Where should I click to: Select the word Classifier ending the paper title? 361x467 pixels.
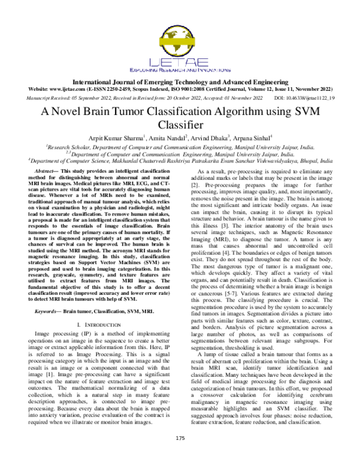(180, 125)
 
